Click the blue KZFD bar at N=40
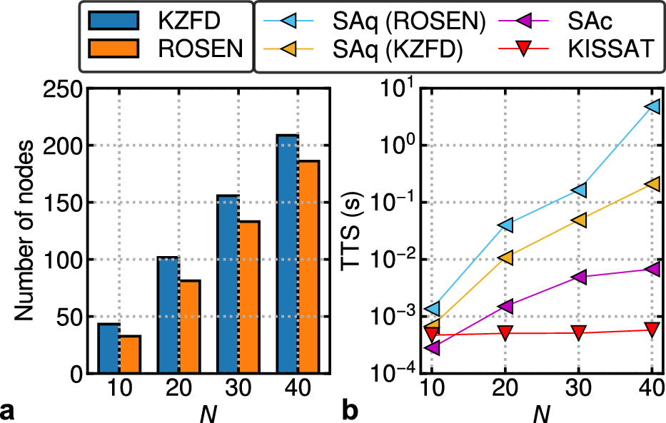(287, 254)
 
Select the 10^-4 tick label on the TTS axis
(395, 373)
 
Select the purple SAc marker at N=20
(505, 307)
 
